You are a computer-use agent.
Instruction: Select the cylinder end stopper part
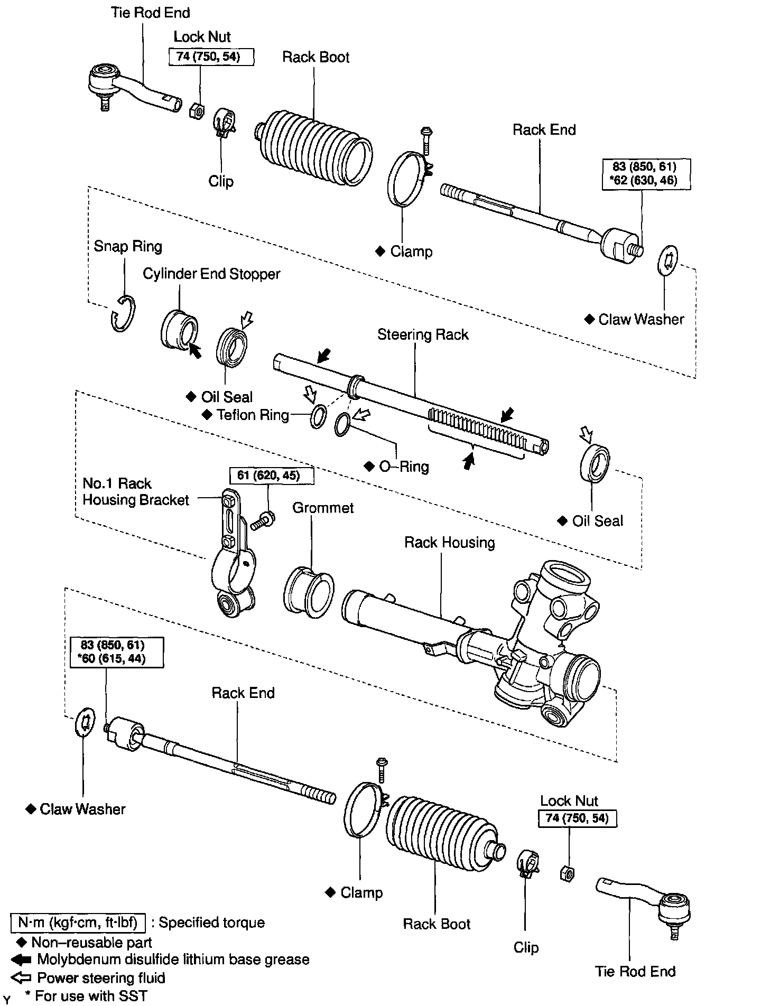tap(179, 330)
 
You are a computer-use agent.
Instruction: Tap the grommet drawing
tap(309, 592)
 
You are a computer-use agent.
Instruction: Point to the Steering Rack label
tap(423, 334)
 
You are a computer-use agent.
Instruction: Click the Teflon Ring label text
tap(253, 415)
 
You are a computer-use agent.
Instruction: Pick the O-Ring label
tap(404, 467)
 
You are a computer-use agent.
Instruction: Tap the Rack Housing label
tap(449, 543)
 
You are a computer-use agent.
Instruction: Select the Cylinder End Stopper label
tap(211, 274)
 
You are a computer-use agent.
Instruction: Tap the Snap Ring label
tap(128, 246)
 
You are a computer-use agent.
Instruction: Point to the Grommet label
tap(323, 508)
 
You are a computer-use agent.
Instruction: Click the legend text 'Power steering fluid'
tap(101, 978)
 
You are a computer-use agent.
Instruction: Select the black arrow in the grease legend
tap(21, 960)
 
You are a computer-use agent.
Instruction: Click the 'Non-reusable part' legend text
tap(91, 942)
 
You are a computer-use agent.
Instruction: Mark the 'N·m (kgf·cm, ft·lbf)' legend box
tap(78, 923)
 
